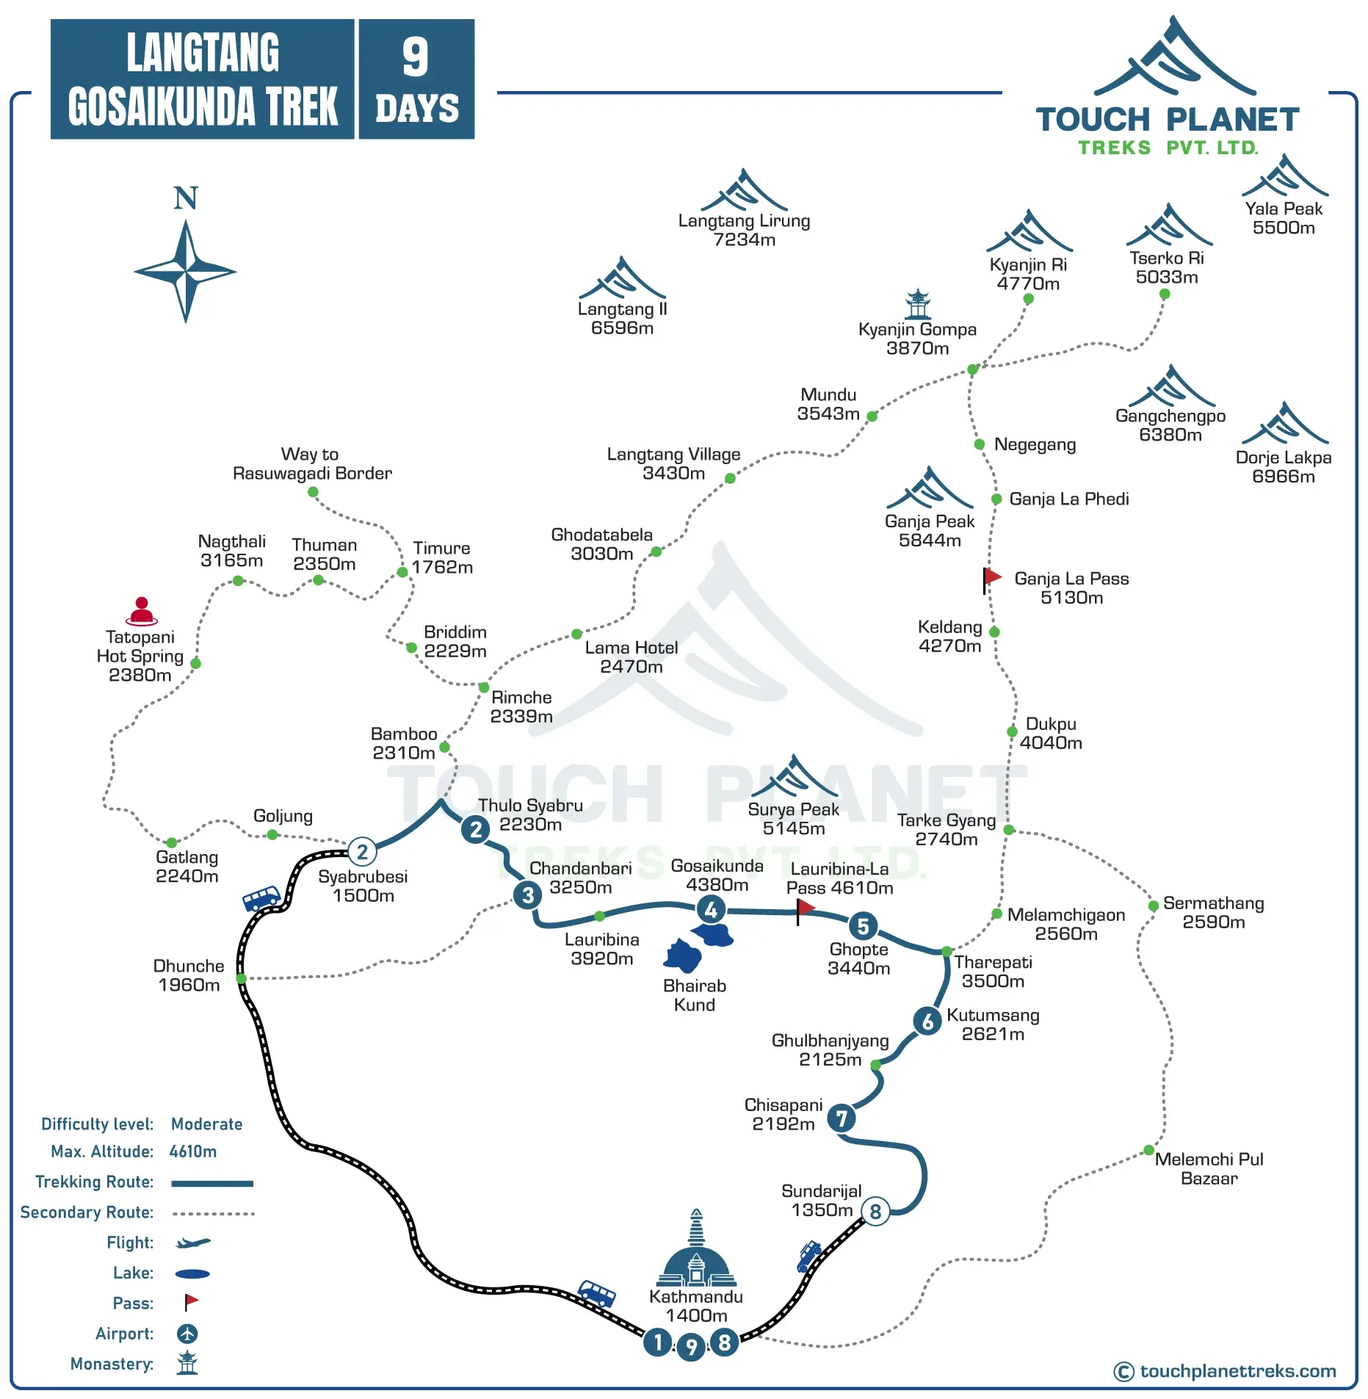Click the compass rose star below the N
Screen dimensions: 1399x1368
[x=186, y=271]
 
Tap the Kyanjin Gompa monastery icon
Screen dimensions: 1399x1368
[x=917, y=304]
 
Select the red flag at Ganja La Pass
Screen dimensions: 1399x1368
[x=992, y=577]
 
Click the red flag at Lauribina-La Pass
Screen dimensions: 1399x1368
[x=805, y=908]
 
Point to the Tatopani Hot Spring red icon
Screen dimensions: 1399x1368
[x=142, y=611]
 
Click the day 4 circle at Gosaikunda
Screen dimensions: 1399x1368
[x=711, y=910]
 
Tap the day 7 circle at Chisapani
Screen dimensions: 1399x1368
[x=842, y=1118]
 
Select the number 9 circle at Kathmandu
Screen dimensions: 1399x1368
[x=691, y=1347]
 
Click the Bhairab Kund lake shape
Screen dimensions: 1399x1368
[x=683, y=956]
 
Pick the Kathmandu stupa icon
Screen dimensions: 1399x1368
[x=696, y=1253]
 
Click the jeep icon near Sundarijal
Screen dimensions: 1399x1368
[x=809, y=1255]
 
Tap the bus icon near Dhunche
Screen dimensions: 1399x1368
[x=261, y=899]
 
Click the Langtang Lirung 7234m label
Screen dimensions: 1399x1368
[x=744, y=230]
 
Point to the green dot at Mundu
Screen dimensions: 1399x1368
[x=872, y=416]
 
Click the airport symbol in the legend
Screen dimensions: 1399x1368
[x=187, y=1334]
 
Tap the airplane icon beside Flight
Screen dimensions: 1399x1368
[x=192, y=1243]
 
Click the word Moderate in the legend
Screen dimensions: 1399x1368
[x=206, y=1124]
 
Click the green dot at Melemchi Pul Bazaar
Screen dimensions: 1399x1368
[x=1148, y=1150]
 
